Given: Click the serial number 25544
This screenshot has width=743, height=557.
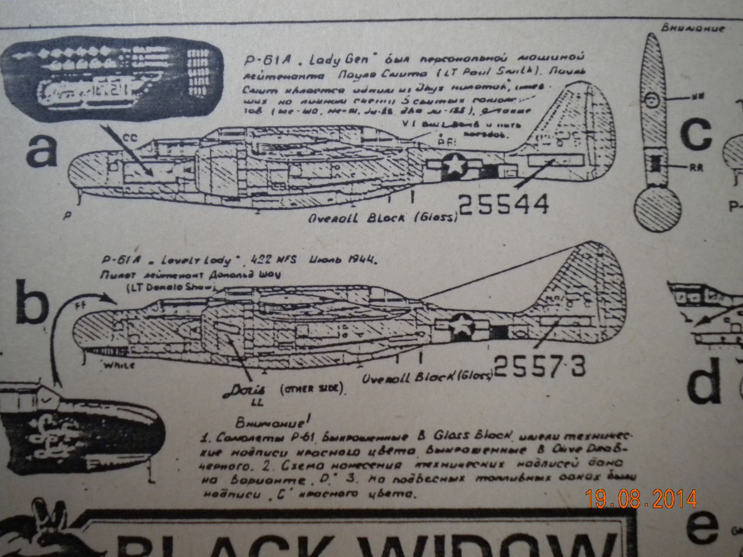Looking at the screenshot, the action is coord(504,204).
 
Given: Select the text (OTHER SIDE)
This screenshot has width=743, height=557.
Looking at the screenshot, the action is coord(312,389).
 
